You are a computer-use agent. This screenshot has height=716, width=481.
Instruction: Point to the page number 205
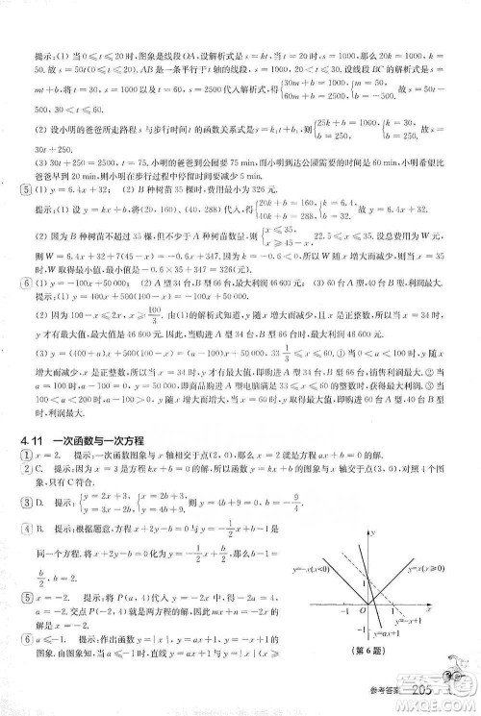pos(422,696)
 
